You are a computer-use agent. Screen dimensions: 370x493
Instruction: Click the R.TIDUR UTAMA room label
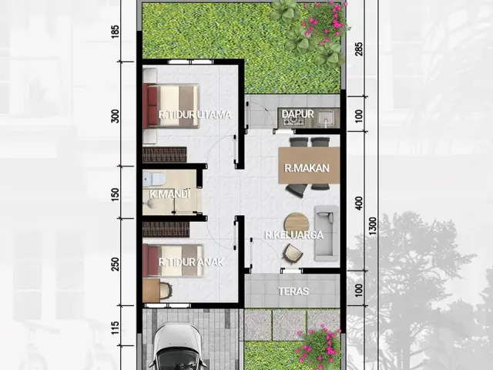coord(195,116)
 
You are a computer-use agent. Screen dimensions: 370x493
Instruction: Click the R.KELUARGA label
coord(293,235)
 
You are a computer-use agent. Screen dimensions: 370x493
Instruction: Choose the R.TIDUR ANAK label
coord(191,262)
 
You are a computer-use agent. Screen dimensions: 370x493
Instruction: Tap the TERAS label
coord(293,291)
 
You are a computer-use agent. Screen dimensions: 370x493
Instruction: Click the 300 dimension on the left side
coord(116,116)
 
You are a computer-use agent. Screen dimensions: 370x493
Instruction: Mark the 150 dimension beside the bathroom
coord(116,193)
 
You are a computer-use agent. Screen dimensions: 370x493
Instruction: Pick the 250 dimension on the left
coord(116,263)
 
